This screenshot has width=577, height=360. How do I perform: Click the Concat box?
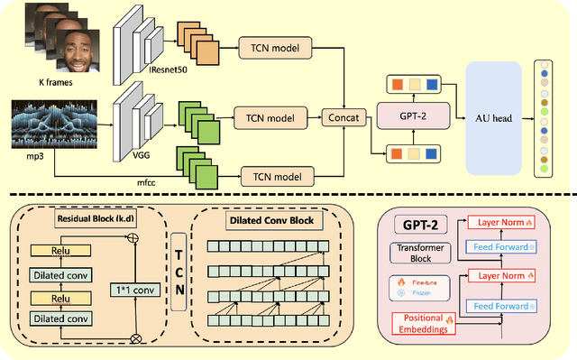pyautogui.click(x=343, y=116)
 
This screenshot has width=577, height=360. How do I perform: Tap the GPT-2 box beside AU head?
pyautogui.click(x=411, y=116)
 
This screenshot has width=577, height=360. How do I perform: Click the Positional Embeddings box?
pyautogui.click(x=425, y=323)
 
